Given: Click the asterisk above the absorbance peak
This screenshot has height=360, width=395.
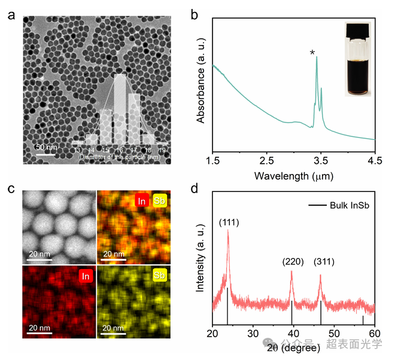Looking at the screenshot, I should (312, 53).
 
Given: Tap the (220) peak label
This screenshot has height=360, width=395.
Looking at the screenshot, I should (293, 261).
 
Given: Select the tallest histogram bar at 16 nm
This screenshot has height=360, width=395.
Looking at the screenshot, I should (120, 108).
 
